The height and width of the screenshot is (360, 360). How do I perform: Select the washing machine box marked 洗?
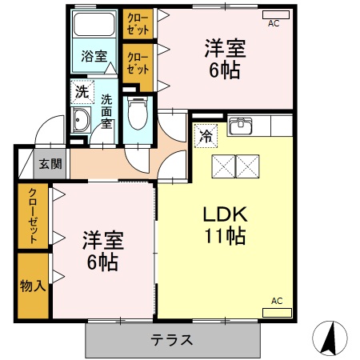(82, 92)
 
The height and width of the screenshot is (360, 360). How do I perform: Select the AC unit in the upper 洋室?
(274, 15)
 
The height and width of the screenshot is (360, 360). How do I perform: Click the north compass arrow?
(330, 337)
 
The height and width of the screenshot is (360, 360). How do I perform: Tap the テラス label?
(171, 339)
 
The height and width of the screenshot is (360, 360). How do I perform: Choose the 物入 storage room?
(33, 286)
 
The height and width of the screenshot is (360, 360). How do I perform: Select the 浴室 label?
(94, 56)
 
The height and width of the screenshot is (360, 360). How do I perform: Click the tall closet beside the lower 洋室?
(33, 217)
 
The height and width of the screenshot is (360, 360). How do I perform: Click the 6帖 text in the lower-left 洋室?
(101, 261)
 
